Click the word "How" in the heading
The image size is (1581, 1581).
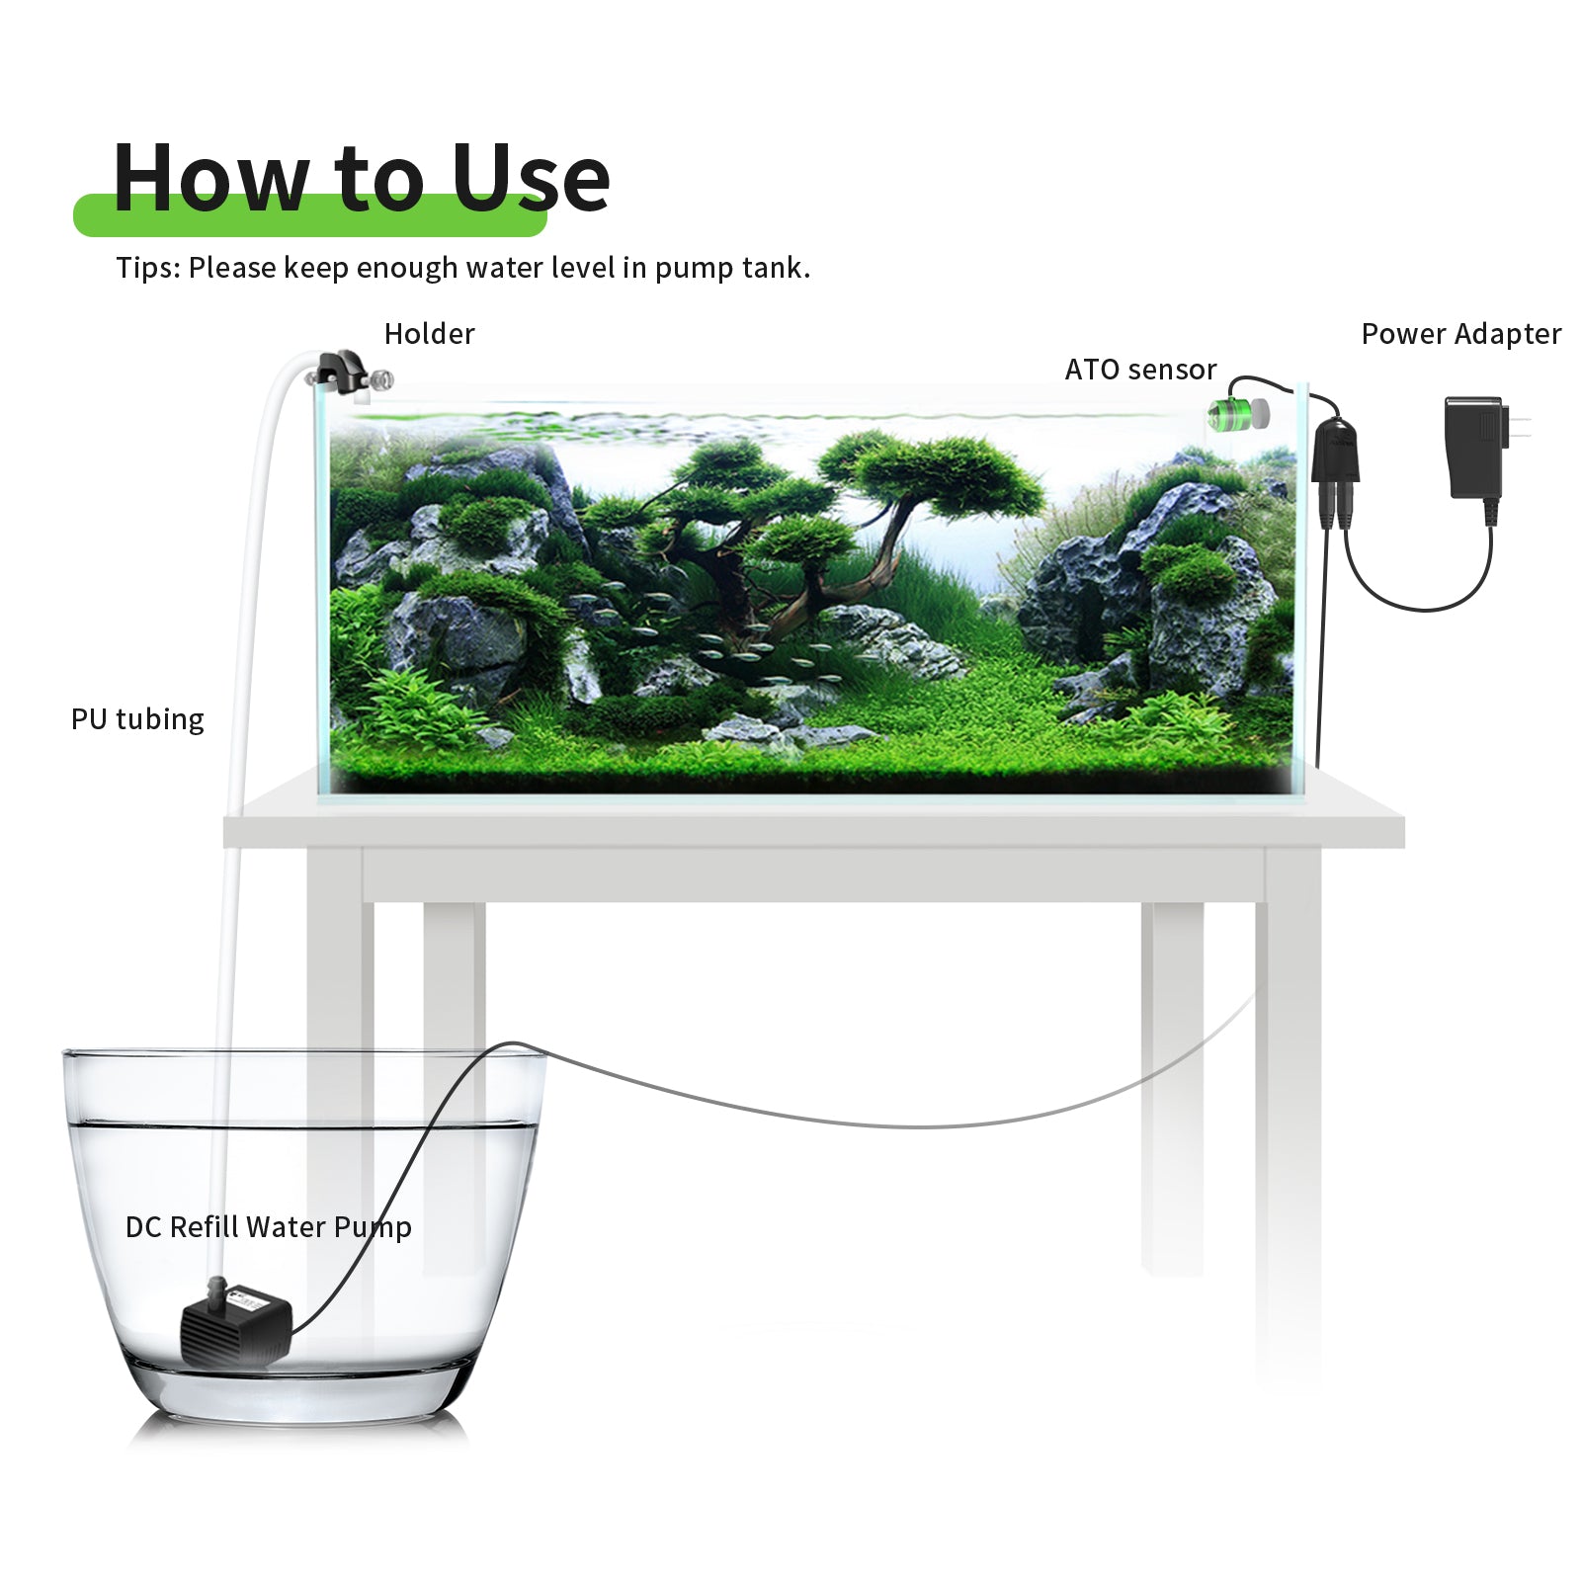pos(210,178)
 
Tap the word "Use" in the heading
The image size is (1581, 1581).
pos(531,178)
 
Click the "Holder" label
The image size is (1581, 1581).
pos(429,334)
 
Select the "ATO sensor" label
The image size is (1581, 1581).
pos(1140,370)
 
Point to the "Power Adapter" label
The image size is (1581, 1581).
pos(1461,334)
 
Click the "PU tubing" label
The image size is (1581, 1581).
pos(137,719)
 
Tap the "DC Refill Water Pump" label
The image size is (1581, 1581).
pos(269,1227)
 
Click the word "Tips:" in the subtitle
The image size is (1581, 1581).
pos(148,269)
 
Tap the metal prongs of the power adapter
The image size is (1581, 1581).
pos(1520,428)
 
